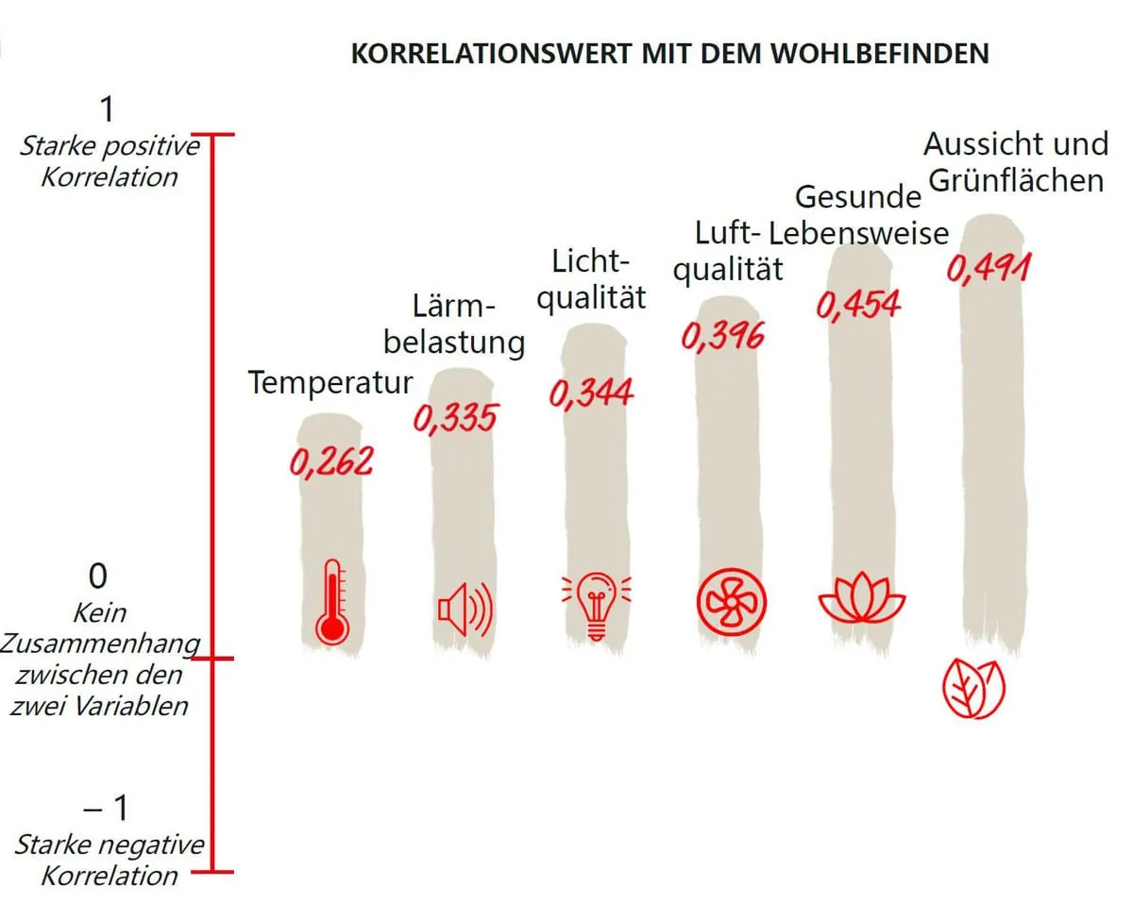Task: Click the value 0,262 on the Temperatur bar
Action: pos(331,461)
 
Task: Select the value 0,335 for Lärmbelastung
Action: pos(454,418)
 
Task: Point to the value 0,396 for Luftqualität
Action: pos(722,336)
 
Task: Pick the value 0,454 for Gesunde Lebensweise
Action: pos(858,305)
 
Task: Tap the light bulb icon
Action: pos(595,605)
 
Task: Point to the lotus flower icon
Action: pos(861,598)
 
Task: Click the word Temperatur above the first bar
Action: pos(330,383)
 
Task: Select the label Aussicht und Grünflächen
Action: pos(1015,161)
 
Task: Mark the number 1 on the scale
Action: pos(107,109)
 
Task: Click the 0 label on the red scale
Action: pos(98,576)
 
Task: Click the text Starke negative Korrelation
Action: pos(109,859)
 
